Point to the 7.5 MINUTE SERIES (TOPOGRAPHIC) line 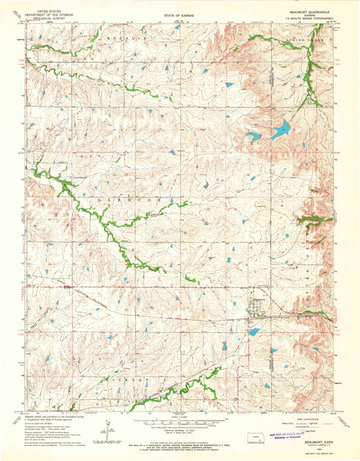click(304, 18)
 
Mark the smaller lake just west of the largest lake click(254, 137)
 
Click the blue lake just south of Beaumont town click(254, 331)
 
